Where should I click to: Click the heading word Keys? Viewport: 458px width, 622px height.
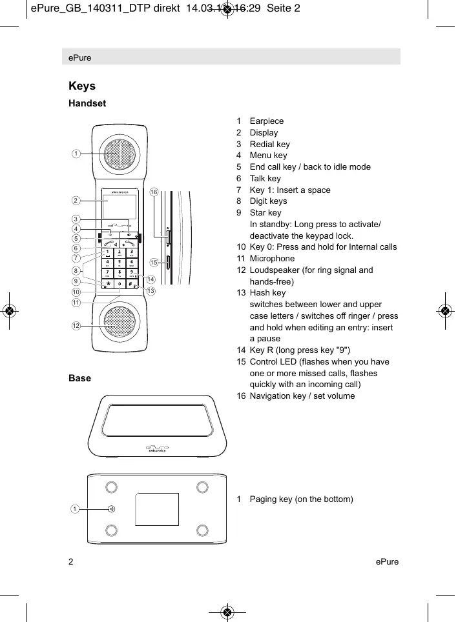(x=82, y=86)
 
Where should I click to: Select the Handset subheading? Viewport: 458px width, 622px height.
(x=87, y=103)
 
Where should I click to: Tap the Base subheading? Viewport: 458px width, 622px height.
(x=79, y=377)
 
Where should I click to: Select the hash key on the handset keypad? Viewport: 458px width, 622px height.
(x=131, y=284)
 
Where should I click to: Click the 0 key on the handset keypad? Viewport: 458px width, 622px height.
(x=120, y=284)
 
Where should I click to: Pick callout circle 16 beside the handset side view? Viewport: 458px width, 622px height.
(x=154, y=192)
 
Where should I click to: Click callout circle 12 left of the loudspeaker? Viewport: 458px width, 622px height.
(x=76, y=326)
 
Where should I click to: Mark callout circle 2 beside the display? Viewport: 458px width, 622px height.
(x=76, y=201)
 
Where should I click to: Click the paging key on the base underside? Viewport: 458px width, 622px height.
(x=112, y=509)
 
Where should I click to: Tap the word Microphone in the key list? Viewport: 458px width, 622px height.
(x=272, y=259)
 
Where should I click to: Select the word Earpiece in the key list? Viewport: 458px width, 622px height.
(x=266, y=121)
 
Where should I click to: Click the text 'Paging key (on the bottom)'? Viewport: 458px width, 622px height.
(x=301, y=499)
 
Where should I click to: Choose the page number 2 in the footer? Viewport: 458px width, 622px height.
(x=71, y=561)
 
